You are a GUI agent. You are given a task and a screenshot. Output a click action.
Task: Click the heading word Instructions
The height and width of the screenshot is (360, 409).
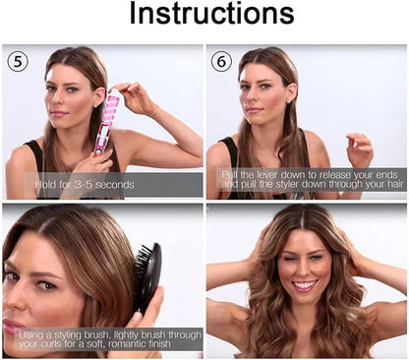(211, 13)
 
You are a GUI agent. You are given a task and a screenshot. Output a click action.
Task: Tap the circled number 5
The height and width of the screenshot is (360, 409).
(18, 62)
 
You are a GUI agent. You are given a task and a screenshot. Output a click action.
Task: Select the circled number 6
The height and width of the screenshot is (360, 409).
(221, 62)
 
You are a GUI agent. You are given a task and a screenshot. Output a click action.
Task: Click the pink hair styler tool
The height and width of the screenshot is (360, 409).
(104, 124)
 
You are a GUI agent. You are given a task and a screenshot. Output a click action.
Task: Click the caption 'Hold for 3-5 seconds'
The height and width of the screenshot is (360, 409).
(85, 185)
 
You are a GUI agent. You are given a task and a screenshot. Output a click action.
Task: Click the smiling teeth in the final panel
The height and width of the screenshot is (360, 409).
(304, 284)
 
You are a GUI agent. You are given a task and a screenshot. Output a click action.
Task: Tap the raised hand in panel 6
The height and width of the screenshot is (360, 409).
(359, 149)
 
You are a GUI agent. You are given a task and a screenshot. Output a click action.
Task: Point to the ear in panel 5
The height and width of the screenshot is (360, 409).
(100, 94)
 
